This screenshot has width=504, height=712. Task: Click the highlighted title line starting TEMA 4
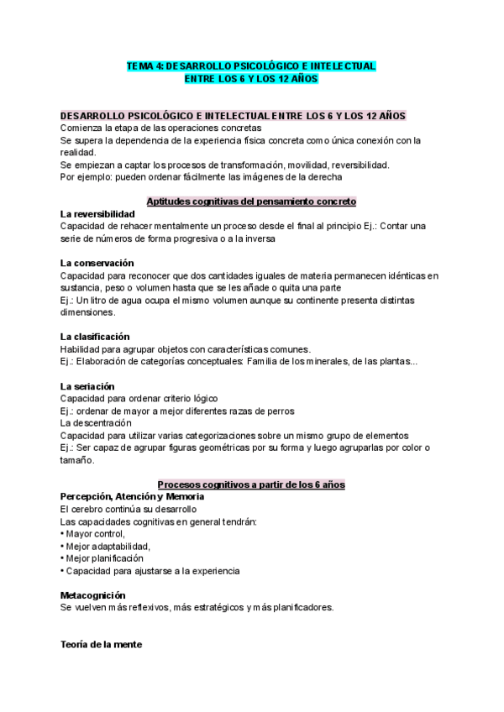coord(251,65)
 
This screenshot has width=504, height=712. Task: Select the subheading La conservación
coord(97,263)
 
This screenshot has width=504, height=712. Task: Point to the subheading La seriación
coord(87,385)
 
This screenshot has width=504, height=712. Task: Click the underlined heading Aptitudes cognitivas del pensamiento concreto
coord(251,202)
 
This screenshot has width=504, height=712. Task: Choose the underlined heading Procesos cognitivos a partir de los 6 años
coord(251,484)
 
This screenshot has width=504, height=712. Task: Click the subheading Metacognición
coord(93,594)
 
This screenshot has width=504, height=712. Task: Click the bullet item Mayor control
coord(94,534)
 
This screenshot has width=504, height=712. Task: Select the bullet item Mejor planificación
coord(104,558)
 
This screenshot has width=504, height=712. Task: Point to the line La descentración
coord(97,423)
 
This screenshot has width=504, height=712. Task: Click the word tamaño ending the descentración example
coord(75,460)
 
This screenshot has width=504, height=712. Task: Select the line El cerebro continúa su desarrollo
coord(129,510)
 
